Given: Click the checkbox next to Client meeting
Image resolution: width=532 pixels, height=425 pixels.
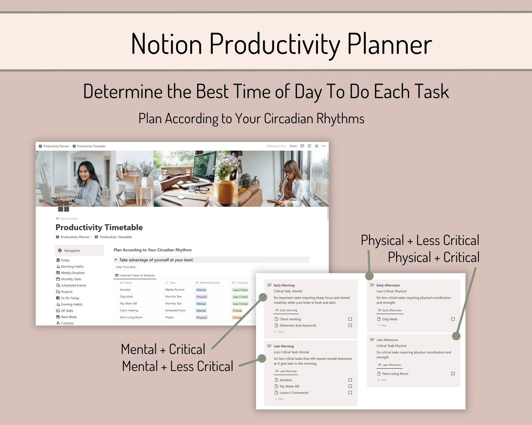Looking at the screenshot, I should click(350, 319).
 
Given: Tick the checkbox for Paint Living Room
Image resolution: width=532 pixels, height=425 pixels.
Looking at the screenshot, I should click(453, 373).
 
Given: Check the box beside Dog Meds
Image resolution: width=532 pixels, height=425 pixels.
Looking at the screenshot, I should click(453, 319).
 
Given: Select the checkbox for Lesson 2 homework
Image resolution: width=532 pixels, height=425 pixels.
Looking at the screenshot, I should click(350, 393).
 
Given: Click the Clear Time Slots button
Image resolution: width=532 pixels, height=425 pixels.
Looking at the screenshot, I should click(126, 267).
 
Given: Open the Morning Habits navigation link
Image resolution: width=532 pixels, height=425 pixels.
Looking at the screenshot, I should click(72, 266).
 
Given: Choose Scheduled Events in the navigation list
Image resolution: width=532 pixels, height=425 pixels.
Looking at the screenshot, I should click(73, 285).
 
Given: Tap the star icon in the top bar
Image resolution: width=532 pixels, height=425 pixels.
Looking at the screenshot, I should click(317, 146).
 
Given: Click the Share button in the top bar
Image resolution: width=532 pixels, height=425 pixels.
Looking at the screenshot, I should click(293, 146).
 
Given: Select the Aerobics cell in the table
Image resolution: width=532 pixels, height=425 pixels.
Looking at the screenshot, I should click(125, 289).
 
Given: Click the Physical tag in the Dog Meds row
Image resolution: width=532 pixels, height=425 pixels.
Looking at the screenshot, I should click(202, 297).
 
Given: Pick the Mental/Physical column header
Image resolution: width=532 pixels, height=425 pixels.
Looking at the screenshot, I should click(209, 283).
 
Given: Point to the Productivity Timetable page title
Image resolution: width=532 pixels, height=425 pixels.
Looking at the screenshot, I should click(99, 228).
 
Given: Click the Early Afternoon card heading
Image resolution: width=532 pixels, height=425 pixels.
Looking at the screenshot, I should click(388, 285).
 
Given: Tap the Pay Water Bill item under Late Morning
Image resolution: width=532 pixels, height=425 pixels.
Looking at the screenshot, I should click(289, 386).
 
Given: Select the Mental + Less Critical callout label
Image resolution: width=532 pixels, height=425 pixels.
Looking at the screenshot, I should click(178, 366).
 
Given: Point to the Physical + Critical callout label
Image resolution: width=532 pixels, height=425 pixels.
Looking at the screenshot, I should click(434, 257).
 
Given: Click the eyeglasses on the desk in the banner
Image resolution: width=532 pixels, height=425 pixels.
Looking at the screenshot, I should click(200, 190).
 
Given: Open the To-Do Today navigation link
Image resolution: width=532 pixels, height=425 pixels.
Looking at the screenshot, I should click(70, 298).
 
